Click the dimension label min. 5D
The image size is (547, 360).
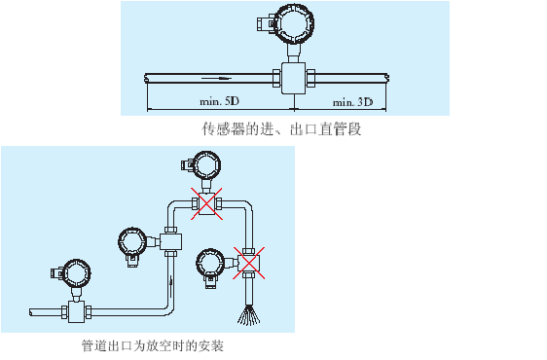219,101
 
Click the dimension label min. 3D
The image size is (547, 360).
352,102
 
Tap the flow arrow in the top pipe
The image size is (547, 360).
217,78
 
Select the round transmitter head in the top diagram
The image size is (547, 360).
294,23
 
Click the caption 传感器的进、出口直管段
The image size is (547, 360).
281,129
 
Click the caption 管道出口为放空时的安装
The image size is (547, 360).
153,345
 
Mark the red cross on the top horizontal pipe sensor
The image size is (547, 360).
206,204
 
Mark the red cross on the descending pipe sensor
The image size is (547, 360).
249,263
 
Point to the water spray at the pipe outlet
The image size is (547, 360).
249,314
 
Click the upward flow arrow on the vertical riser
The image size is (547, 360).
170,284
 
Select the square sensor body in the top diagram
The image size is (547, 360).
293,78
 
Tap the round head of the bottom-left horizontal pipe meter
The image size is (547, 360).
77,273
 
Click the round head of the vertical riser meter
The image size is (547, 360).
132,242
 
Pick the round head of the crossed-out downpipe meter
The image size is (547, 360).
210,263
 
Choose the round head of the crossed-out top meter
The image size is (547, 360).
207,165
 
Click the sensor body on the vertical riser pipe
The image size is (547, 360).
170,241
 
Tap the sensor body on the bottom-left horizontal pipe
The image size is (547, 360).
76,311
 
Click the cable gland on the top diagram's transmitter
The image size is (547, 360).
266,23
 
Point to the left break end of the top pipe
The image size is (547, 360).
145,78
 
